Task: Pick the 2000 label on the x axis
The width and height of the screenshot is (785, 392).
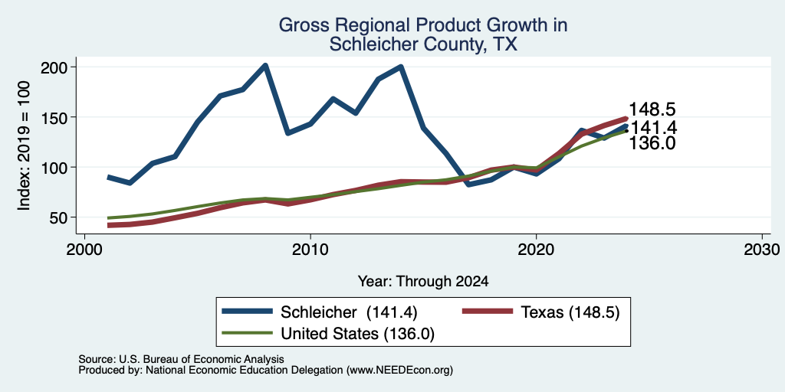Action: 84,249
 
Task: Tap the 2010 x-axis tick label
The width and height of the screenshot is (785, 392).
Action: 310,249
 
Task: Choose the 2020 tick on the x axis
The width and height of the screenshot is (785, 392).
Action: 536,249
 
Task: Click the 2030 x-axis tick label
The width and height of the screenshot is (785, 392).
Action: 762,249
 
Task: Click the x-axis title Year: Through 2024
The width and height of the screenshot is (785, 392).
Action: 423,282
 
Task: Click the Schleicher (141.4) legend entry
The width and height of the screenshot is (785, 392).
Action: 320,312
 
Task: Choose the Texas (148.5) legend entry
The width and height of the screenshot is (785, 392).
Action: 540,312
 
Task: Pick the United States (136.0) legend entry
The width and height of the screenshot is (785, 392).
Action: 328,334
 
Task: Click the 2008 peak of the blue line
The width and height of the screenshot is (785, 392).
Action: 265,66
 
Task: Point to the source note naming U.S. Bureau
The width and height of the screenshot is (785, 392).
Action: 181,359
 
